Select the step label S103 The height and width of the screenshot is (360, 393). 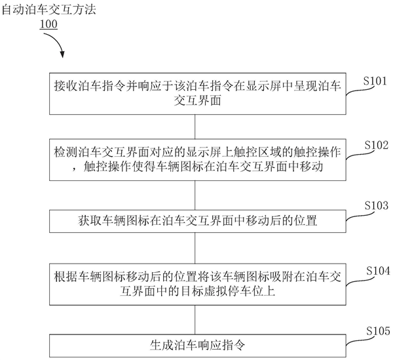pos(376,206)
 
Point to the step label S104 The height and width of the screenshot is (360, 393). pos(376,270)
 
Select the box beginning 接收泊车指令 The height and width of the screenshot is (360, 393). pos(196,92)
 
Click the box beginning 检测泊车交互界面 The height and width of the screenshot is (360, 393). pos(196,160)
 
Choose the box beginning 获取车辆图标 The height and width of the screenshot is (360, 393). pos(196,218)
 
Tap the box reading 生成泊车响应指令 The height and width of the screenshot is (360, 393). pos(196,343)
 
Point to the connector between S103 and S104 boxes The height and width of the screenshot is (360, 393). pos(196,247)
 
